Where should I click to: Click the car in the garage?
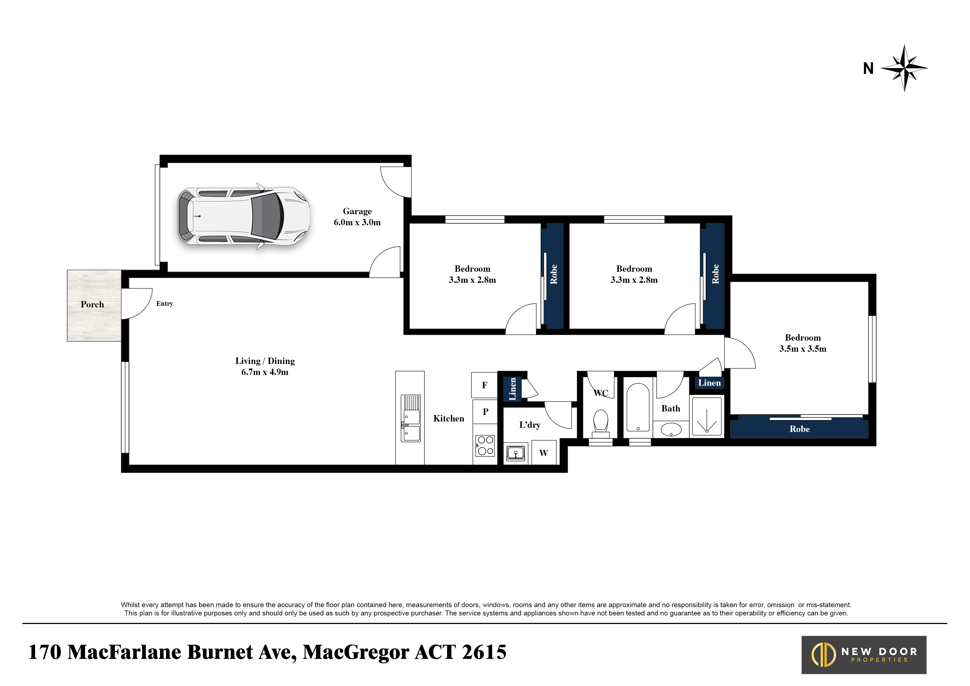[x=243, y=216]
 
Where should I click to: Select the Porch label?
[x=92, y=304]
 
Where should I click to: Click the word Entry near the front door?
[x=164, y=304]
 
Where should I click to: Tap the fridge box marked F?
[x=484, y=385]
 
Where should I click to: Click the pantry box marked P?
[x=485, y=411]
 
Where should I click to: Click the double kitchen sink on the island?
[x=411, y=418]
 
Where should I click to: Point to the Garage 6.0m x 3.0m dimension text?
[x=357, y=217]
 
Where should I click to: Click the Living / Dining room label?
[x=265, y=361]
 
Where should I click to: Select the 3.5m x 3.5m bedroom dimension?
[x=803, y=349]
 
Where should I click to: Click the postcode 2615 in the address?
[x=484, y=652]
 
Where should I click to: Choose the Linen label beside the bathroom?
[x=709, y=383]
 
